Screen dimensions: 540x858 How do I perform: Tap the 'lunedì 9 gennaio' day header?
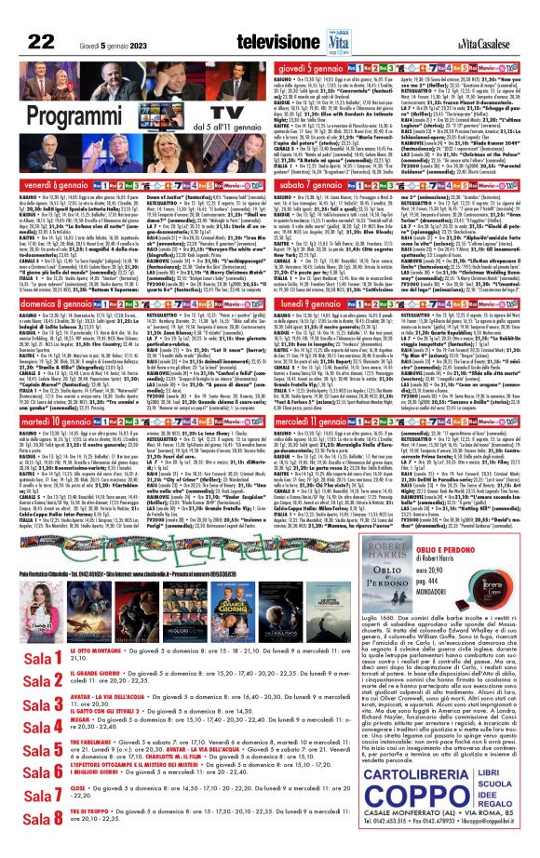pyautogui.click(x=317, y=302)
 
